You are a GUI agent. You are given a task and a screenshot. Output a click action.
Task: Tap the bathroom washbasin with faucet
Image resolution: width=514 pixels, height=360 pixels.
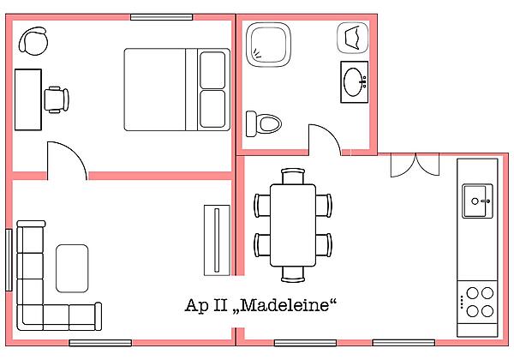coord(355,82)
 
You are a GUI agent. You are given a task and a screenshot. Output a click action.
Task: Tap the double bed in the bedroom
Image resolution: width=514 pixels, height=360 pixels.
coord(176,89)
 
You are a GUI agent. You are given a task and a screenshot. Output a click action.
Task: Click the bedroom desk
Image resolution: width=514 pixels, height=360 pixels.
coord(27,99)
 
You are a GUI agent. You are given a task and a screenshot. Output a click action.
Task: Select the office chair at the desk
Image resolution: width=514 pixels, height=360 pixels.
coord(57,99)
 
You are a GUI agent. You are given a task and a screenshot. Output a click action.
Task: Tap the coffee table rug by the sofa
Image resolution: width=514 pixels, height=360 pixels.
coord(72,267)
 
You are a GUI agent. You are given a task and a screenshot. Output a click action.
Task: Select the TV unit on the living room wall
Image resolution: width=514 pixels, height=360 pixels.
coord(215,239)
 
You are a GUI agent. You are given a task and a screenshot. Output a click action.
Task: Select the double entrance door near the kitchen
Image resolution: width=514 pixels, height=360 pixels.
coord(414,165)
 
